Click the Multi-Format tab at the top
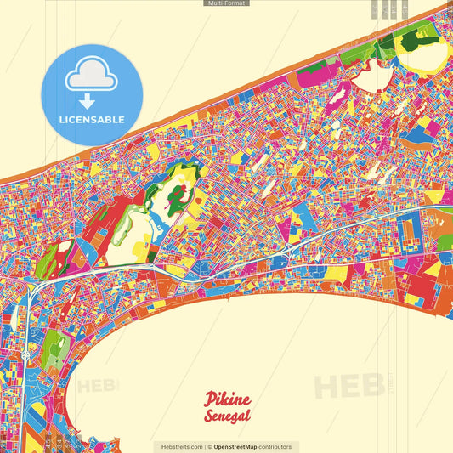(226, 3)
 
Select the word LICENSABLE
(91, 120)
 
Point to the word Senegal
(226, 416)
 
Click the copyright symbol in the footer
(209, 446)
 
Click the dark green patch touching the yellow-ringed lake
(409, 42)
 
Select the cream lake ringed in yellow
(429, 56)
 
